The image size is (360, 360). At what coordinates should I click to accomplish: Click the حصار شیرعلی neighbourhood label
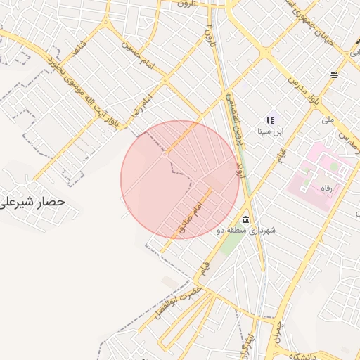tap(33, 201)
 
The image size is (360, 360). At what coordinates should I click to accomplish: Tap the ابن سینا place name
tap(269, 131)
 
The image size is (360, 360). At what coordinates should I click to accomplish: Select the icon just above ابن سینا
tap(269, 120)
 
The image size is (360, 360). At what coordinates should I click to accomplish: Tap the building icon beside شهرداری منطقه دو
tap(245, 219)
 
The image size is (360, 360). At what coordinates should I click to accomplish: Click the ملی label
tap(328, 120)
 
